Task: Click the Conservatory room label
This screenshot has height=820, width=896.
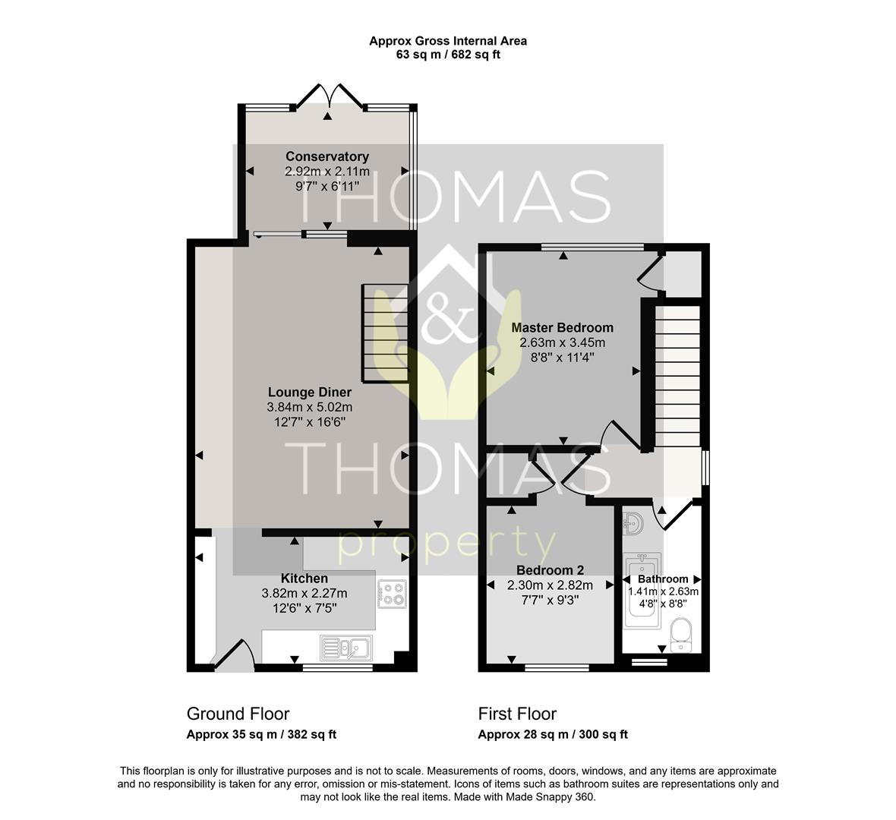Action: [327, 156]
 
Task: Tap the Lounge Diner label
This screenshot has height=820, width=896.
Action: [310, 393]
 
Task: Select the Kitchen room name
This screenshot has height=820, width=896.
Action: [304, 579]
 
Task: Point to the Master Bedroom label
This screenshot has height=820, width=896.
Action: [563, 328]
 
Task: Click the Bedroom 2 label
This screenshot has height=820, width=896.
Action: [550, 570]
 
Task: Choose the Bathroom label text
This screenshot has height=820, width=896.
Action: [663, 579]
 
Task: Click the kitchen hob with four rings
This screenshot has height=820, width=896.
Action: [393, 592]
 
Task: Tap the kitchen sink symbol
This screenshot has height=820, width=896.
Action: [346, 648]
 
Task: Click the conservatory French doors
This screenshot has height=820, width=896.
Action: [329, 96]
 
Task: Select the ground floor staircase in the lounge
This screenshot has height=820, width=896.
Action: [385, 333]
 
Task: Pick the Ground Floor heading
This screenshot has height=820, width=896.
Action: [238, 714]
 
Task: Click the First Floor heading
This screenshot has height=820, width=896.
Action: [517, 714]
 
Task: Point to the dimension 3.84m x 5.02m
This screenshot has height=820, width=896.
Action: [310, 408]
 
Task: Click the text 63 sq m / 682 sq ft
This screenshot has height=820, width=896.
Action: [448, 55]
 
